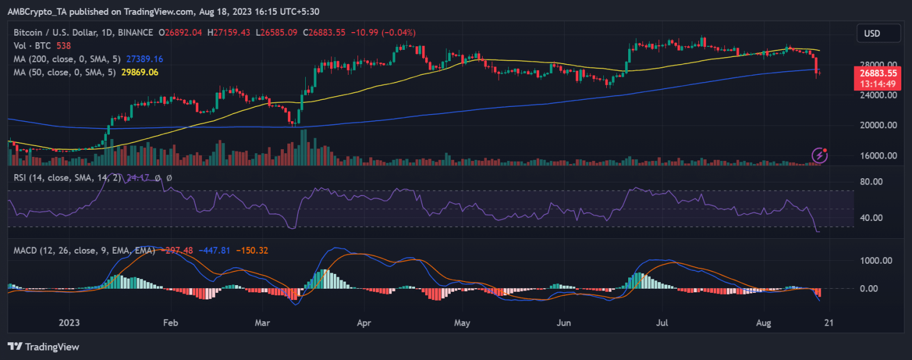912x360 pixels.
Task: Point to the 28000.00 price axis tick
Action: pyautogui.click(x=876, y=64)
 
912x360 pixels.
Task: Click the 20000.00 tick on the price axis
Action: pyautogui.click(x=876, y=125)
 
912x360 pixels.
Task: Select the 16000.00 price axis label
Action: pyautogui.click(x=876, y=156)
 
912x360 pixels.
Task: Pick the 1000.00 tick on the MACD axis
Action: pyautogui.click(x=876, y=260)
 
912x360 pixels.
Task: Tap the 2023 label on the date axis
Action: pyautogui.click(x=69, y=323)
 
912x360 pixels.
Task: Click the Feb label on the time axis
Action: pyautogui.click(x=170, y=323)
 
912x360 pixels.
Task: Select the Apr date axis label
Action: pyautogui.click(x=364, y=323)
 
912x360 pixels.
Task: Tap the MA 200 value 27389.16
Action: pyautogui.click(x=145, y=59)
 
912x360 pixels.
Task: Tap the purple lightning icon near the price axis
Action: pyautogui.click(x=820, y=155)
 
